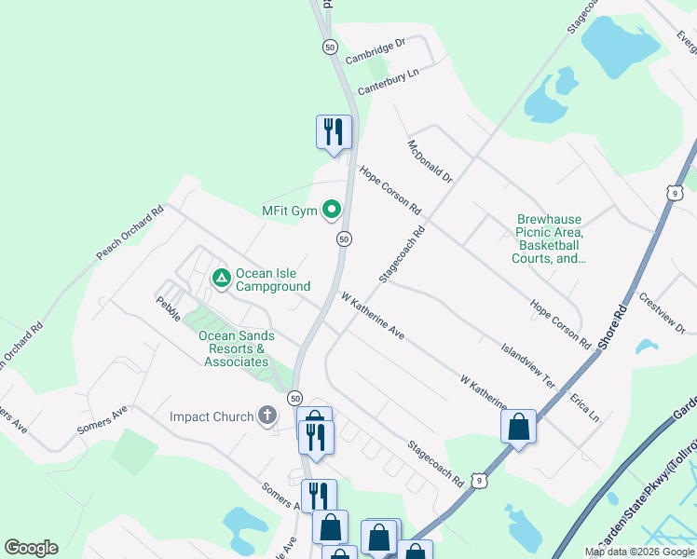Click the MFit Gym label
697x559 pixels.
290,211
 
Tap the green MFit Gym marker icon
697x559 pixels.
331,211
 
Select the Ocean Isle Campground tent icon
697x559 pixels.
221,278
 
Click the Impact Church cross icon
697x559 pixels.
267,416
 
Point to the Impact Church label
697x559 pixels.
212,416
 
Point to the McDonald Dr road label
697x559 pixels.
429,161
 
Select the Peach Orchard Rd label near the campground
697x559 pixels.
130,232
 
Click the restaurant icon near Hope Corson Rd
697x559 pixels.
334,132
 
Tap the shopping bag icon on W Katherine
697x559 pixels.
518,427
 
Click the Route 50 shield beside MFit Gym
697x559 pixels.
344,239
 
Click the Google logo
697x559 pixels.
31,548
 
